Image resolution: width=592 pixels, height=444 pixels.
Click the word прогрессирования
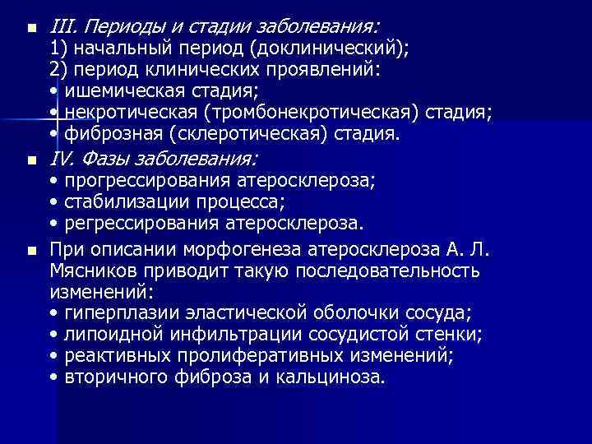[x=138, y=179]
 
